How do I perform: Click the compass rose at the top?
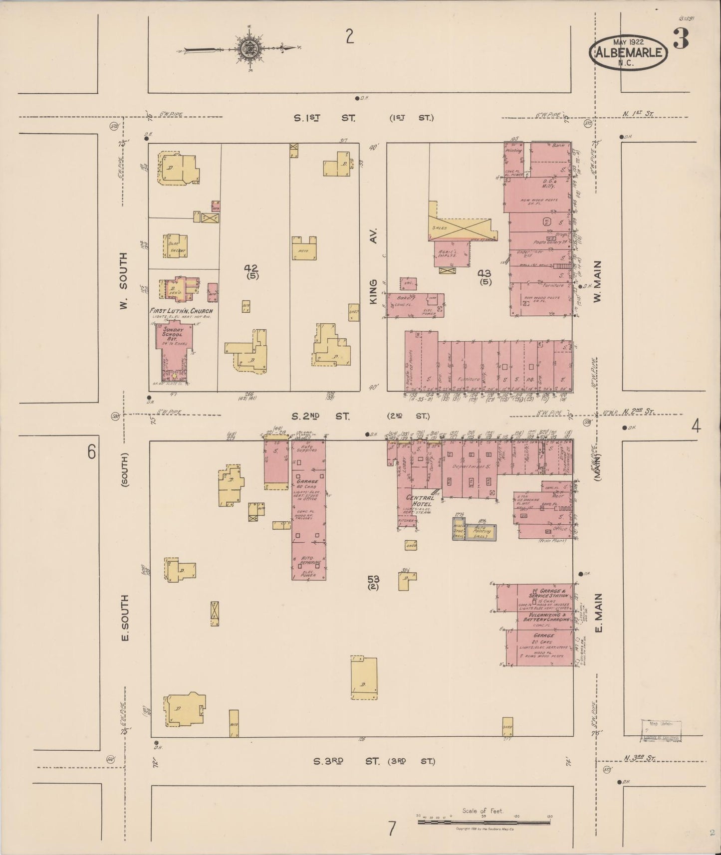248,49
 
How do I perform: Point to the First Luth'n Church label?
181,311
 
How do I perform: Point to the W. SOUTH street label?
124,280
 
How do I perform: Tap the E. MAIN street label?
599,612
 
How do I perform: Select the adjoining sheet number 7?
392,829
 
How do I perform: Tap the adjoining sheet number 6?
91,452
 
